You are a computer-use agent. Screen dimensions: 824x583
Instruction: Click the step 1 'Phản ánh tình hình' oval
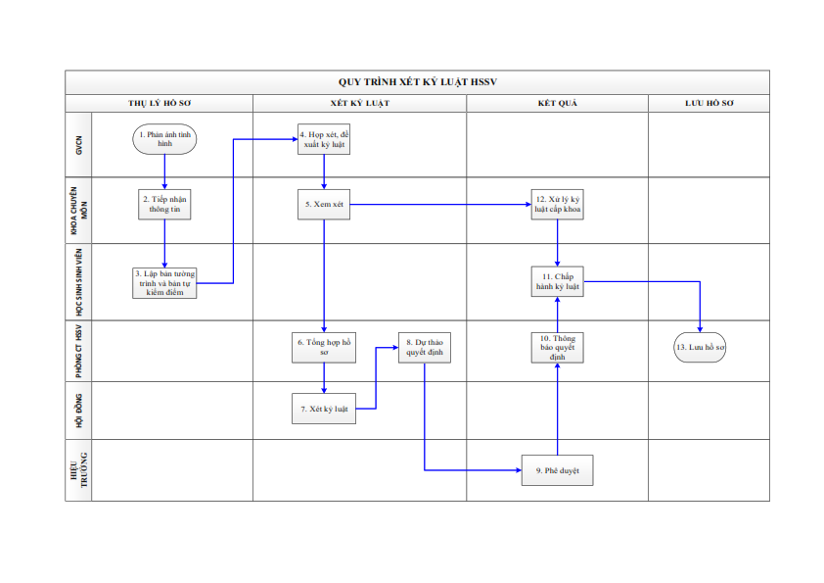point(164,139)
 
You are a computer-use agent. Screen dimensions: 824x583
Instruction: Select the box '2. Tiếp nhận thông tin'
point(164,204)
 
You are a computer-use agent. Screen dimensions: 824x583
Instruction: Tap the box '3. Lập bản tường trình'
point(164,283)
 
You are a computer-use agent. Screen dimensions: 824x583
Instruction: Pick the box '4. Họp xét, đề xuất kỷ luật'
point(324,139)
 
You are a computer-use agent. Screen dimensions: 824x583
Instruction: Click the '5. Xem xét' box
point(324,204)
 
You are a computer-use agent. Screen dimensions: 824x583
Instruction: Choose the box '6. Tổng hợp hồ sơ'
point(324,347)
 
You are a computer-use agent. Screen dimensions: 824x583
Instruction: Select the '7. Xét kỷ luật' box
point(324,409)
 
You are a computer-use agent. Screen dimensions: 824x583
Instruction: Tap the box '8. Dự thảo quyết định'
point(425,347)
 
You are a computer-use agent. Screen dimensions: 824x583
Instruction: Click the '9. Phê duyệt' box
point(557,470)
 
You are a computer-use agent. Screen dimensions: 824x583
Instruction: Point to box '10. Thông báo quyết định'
point(557,347)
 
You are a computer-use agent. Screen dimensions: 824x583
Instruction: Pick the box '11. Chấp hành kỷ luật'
point(557,281)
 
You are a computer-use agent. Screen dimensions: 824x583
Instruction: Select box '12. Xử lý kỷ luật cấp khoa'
point(557,204)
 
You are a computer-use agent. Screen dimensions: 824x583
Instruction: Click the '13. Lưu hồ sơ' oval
point(700,347)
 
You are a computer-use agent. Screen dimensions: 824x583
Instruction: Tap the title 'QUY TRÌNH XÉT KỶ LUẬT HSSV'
point(418,82)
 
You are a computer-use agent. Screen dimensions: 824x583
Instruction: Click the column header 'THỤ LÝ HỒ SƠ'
point(160,103)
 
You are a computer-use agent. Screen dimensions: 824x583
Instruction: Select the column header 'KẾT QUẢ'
point(557,103)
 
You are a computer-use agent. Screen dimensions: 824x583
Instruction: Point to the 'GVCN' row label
point(79,145)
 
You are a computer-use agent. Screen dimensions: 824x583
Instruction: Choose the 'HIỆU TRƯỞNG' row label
point(79,470)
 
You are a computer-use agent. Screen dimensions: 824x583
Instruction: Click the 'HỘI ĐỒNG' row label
point(79,411)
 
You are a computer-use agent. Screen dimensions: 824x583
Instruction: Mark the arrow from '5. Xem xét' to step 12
point(440,204)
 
